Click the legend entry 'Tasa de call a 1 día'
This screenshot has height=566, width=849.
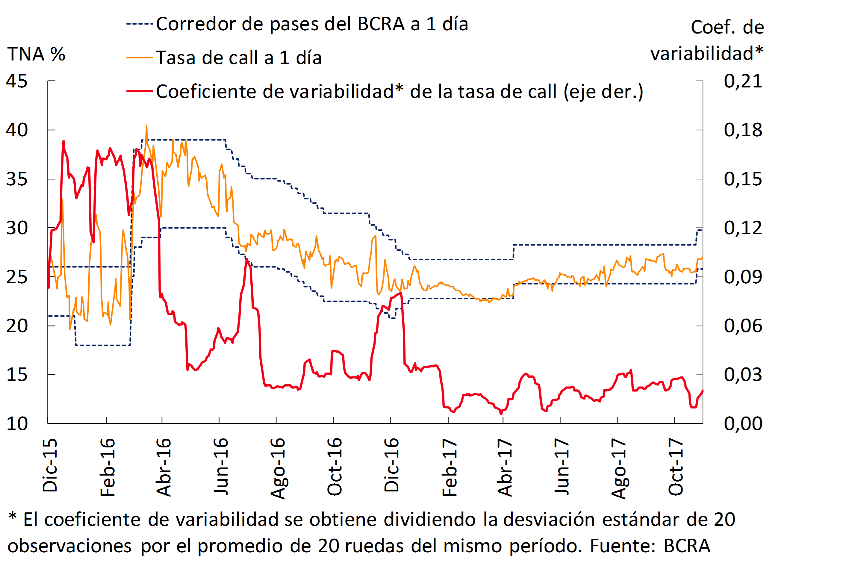pyautogui.click(x=238, y=58)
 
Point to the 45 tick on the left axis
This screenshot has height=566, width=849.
pyautogui.click(x=16, y=81)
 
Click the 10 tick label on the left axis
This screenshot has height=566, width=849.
pyautogui.click(x=16, y=424)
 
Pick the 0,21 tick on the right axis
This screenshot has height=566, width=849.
pyautogui.click(x=743, y=81)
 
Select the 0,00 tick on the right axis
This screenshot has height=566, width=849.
pyautogui.click(x=743, y=424)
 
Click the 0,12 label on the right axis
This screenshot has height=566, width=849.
pyautogui.click(x=743, y=228)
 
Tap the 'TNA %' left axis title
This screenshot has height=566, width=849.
pyautogui.click(x=36, y=55)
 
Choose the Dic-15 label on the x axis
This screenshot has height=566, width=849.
pyautogui.click(x=50, y=465)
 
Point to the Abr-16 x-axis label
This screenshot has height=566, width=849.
pyautogui.click(x=164, y=467)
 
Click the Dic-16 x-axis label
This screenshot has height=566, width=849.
pyautogui.click(x=392, y=465)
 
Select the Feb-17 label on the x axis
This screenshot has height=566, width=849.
pyautogui.click(x=450, y=467)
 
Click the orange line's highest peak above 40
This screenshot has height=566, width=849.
pyautogui.click(x=146, y=126)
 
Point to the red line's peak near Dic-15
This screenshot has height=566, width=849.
pyautogui.click(x=63, y=141)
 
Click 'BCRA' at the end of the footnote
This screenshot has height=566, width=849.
pyautogui.click(x=687, y=545)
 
